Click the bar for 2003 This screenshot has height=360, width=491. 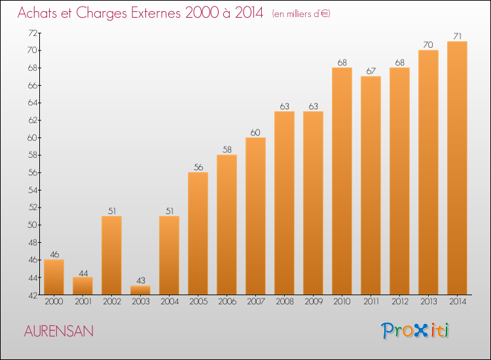[x=140, y=290]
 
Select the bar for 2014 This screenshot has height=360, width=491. [x=457, y=168]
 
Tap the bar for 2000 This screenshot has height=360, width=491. [x=54, y=277]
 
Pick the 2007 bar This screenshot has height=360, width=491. [x=255, y=216]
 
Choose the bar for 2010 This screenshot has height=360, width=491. [x=342, y=181]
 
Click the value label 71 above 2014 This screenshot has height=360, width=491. [x=457, y=36]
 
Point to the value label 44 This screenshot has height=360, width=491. [x=82, y=272]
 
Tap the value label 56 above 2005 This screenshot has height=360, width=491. [x=198, y=167]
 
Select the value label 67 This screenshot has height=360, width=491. [x=371, y=71]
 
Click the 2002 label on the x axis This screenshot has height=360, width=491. [x=111, y=302]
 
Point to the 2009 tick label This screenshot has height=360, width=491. [x=313, y=302]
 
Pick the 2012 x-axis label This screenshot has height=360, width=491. [x=399, y=302]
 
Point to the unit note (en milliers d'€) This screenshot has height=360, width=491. [x=301, y=14]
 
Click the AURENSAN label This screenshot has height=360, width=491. [x=59, y=331]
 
